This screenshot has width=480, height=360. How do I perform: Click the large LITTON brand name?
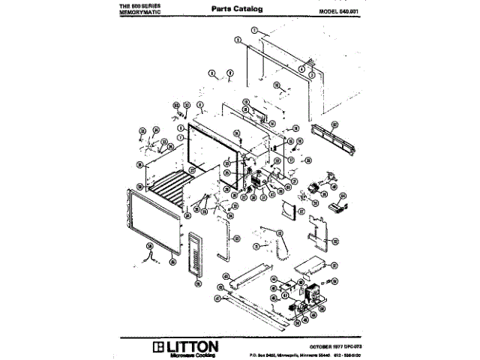coord(193,346)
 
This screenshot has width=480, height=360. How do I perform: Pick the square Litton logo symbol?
coord(158,346)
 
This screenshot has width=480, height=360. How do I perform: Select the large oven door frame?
coord(153,226)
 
